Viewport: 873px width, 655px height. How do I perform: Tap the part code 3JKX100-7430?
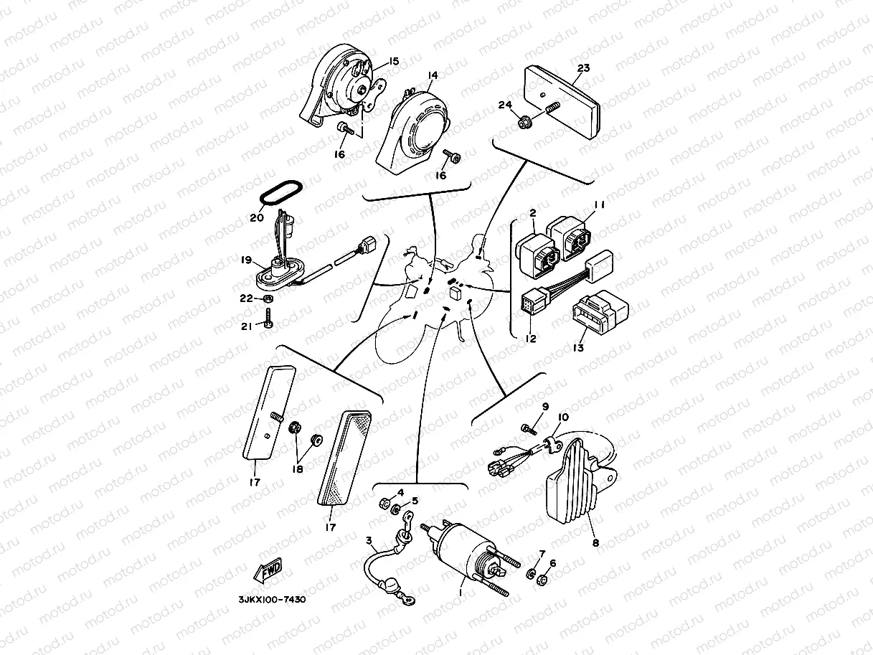click(x=272, y=599)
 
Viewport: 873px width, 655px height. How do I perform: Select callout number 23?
click(x=583, y=69)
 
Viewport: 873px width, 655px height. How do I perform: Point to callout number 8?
click(x=595, y=543)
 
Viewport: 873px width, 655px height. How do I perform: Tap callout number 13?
click(x=578, y=348)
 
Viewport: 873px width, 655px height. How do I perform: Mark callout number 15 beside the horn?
click(x=395, y=61)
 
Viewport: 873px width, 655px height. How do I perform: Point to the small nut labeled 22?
click(x=267, y=298)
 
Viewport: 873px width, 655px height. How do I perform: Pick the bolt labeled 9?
click(x=528, y=429)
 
